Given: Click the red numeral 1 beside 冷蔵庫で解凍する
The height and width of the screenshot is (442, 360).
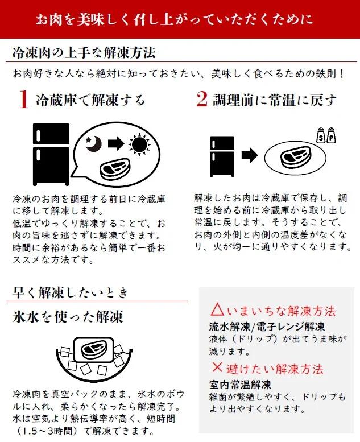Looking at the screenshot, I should (x=23, y=101).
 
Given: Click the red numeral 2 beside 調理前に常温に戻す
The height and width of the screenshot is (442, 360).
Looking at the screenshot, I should (x=202, y=100).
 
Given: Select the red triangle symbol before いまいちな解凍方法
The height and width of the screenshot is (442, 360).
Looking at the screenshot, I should (x=217, y=310).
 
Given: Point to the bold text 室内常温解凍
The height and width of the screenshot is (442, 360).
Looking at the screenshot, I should (x=239, y=383).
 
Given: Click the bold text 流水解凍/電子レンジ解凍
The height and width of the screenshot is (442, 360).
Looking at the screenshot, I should (x=267, y=327).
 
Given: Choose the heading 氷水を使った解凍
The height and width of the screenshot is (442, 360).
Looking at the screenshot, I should (x=68, y=316).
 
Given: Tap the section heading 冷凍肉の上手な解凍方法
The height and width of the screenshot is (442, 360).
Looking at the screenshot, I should (x=84, y=53).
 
